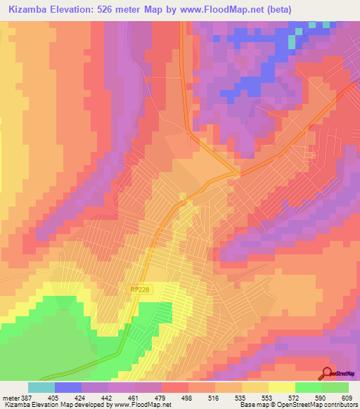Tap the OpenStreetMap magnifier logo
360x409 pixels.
[x=327, y=374]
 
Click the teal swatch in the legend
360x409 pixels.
[x=41, y=387]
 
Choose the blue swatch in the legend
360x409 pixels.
[x=67, y=387]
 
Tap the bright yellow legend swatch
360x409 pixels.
[x=281, y=387]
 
